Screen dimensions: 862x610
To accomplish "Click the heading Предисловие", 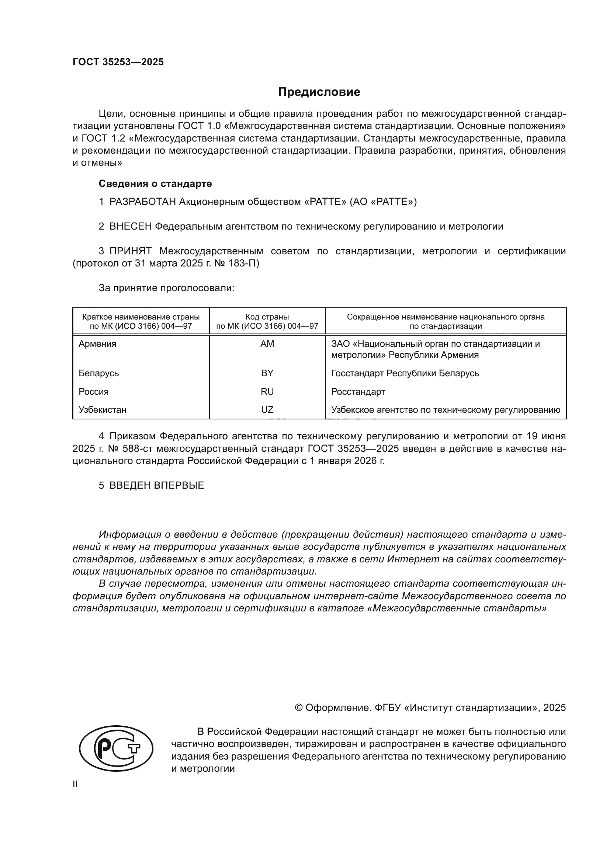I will tap(319, 92).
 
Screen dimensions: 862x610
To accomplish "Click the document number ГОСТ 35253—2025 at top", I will tap(118, 62).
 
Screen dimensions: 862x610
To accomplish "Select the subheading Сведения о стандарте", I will tap(155, 184).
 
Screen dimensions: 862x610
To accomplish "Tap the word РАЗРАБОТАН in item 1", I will tap(142, 202).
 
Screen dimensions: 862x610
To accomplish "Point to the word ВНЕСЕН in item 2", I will tap(130, 227).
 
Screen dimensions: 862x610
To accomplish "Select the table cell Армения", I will tap(97, 344).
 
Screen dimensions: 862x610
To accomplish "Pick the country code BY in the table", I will tap(267, 373).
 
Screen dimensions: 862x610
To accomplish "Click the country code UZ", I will tap(267, 409).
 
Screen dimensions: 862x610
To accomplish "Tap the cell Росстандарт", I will tap(358, 392).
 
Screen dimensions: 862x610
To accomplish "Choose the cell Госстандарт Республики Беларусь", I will tap(405, 373).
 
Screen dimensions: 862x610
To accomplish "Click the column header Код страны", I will tap(267, 317).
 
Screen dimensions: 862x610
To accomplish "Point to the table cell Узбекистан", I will tap(102, 409).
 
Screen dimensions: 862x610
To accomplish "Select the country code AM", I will tap(267, 344).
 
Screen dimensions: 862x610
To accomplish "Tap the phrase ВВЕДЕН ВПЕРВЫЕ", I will tap(157, 485).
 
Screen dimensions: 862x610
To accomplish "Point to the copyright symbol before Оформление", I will tap(299, 708).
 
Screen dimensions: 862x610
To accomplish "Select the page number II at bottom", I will tap(75, 784).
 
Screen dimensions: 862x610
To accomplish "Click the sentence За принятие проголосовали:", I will tap(166, 288).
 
